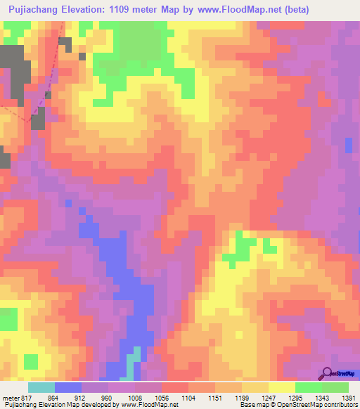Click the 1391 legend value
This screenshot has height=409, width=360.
pyautogui.click(x=347, y=397)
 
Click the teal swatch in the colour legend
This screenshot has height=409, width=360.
pyautogui.click(x=41, y=387)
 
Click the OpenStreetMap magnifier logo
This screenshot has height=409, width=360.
pyautogui.click(x=328, y=372)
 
